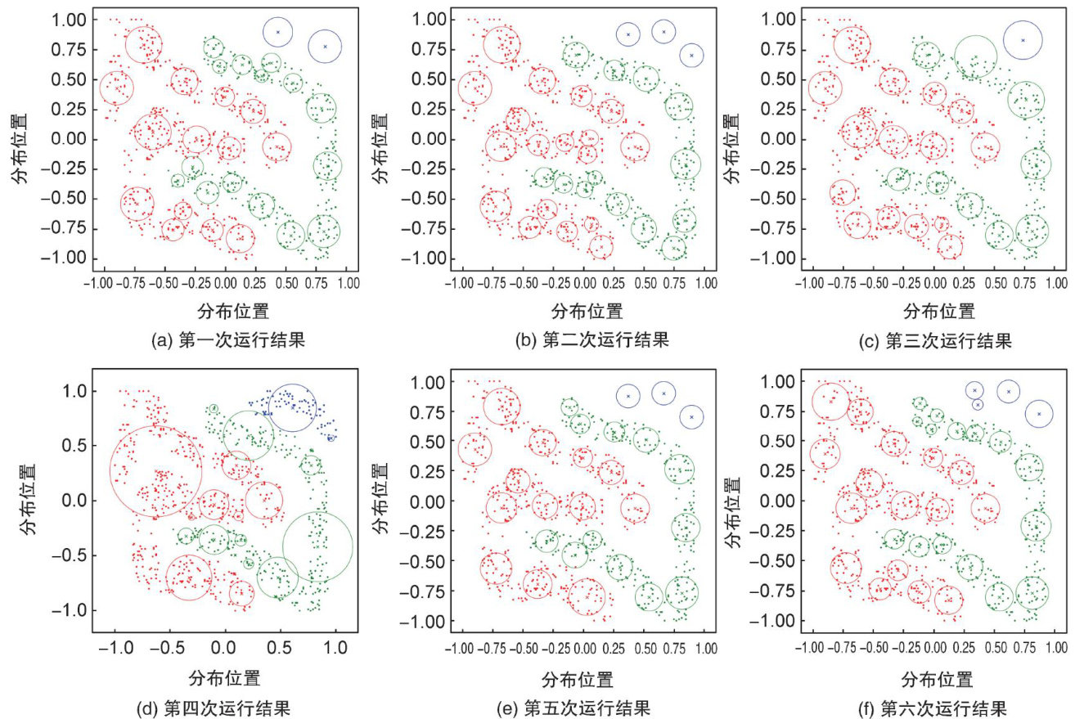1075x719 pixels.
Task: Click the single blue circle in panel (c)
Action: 1022,39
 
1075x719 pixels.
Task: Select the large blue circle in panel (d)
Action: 292,407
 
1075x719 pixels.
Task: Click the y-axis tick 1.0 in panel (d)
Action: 74,392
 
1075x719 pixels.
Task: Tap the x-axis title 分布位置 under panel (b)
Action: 587,310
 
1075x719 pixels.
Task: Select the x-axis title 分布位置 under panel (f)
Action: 938,679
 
